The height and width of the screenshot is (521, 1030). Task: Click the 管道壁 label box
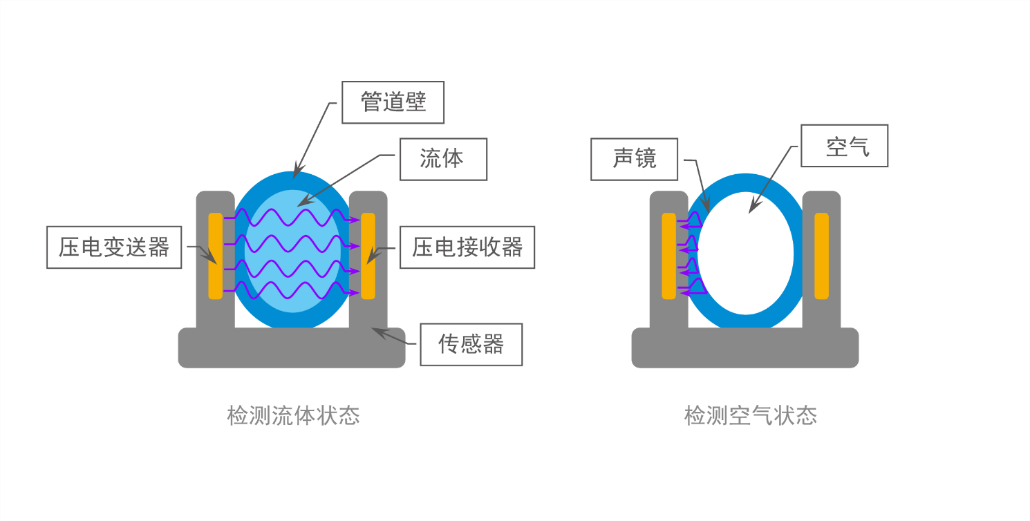coord(393,102)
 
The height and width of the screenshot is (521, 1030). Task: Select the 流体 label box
coord(443,159)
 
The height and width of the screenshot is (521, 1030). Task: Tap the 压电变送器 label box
coord(114,247)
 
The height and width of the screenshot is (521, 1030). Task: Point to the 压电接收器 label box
coord(467,247)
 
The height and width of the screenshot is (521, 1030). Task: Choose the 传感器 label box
coord(471,345)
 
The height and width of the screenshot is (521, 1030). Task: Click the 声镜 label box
coord(634,159)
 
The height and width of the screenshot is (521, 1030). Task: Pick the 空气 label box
coord(844,146)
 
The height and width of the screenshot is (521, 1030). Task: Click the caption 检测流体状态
coord(293,415)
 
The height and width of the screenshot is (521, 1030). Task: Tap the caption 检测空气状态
coord(751,415)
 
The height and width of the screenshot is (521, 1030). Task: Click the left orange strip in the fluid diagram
coord(215,256)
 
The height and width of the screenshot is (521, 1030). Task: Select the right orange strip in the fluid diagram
coord(368,256)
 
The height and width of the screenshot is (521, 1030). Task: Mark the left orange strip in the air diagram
coord(668,256)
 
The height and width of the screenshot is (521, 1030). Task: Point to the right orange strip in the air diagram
coord(821,256)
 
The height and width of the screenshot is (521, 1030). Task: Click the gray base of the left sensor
coord(292,348)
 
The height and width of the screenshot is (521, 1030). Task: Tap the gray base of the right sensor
coord(745,348)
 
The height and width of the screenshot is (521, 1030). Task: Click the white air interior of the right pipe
coord(746,253)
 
